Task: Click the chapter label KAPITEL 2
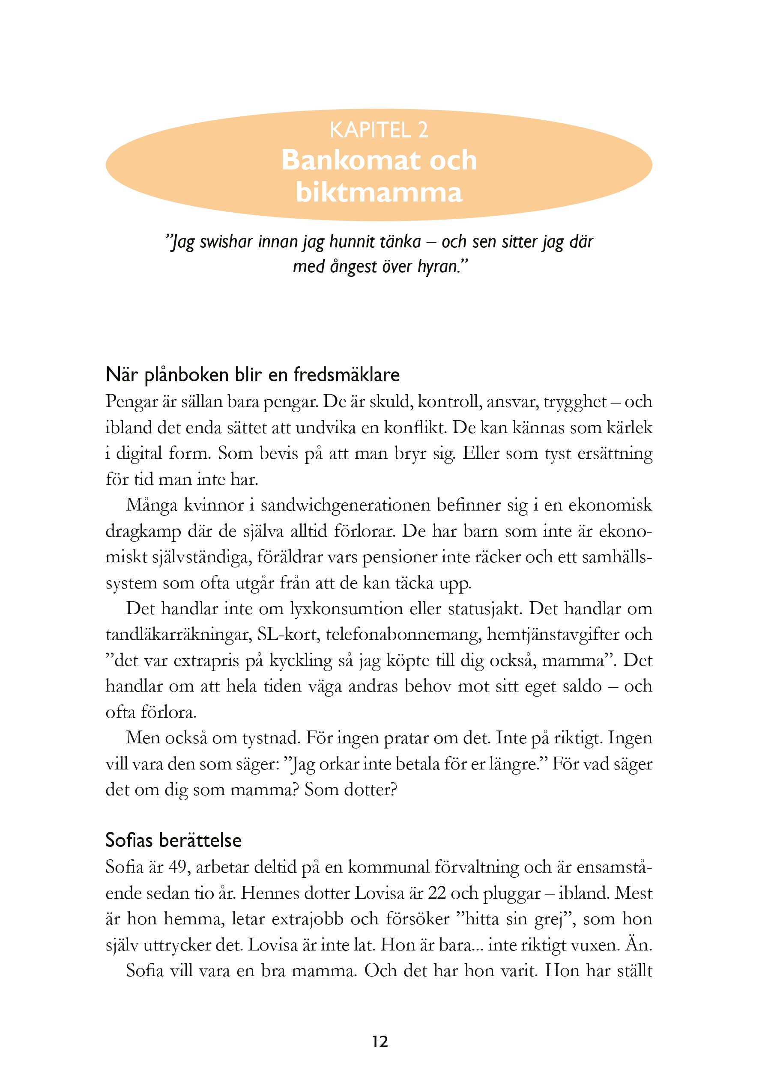379,130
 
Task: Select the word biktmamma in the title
379,192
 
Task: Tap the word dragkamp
143,531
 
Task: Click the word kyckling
301,660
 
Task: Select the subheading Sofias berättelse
173,840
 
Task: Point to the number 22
436,893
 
